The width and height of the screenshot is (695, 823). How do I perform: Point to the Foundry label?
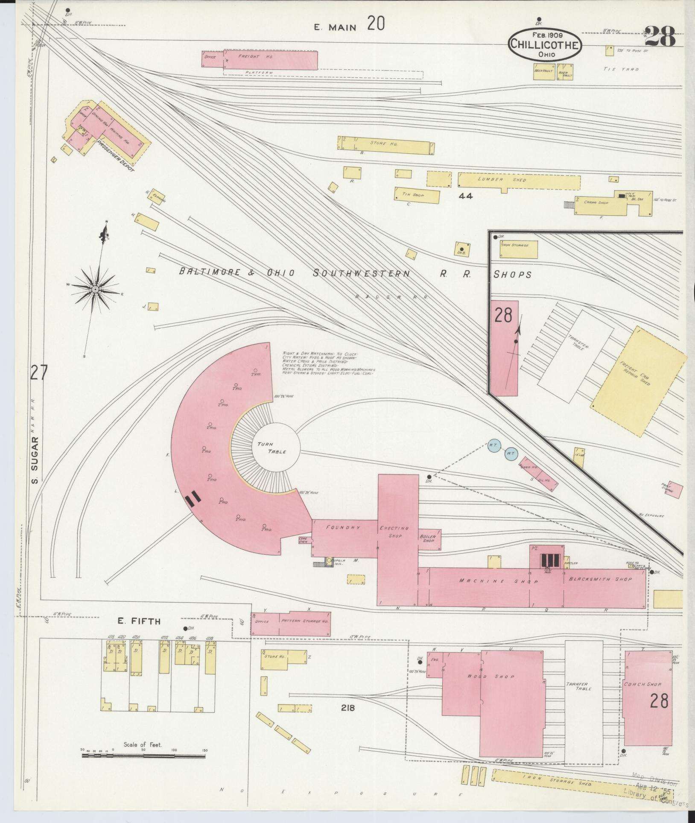(343, 527)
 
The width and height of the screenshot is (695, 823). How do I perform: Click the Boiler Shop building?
(429, 539)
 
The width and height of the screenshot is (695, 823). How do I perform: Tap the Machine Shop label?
(499, 581)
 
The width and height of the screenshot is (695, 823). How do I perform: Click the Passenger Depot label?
(116, 156)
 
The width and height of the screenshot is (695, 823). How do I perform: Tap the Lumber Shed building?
(519, 180)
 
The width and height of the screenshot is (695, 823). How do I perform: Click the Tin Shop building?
(416, 196)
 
